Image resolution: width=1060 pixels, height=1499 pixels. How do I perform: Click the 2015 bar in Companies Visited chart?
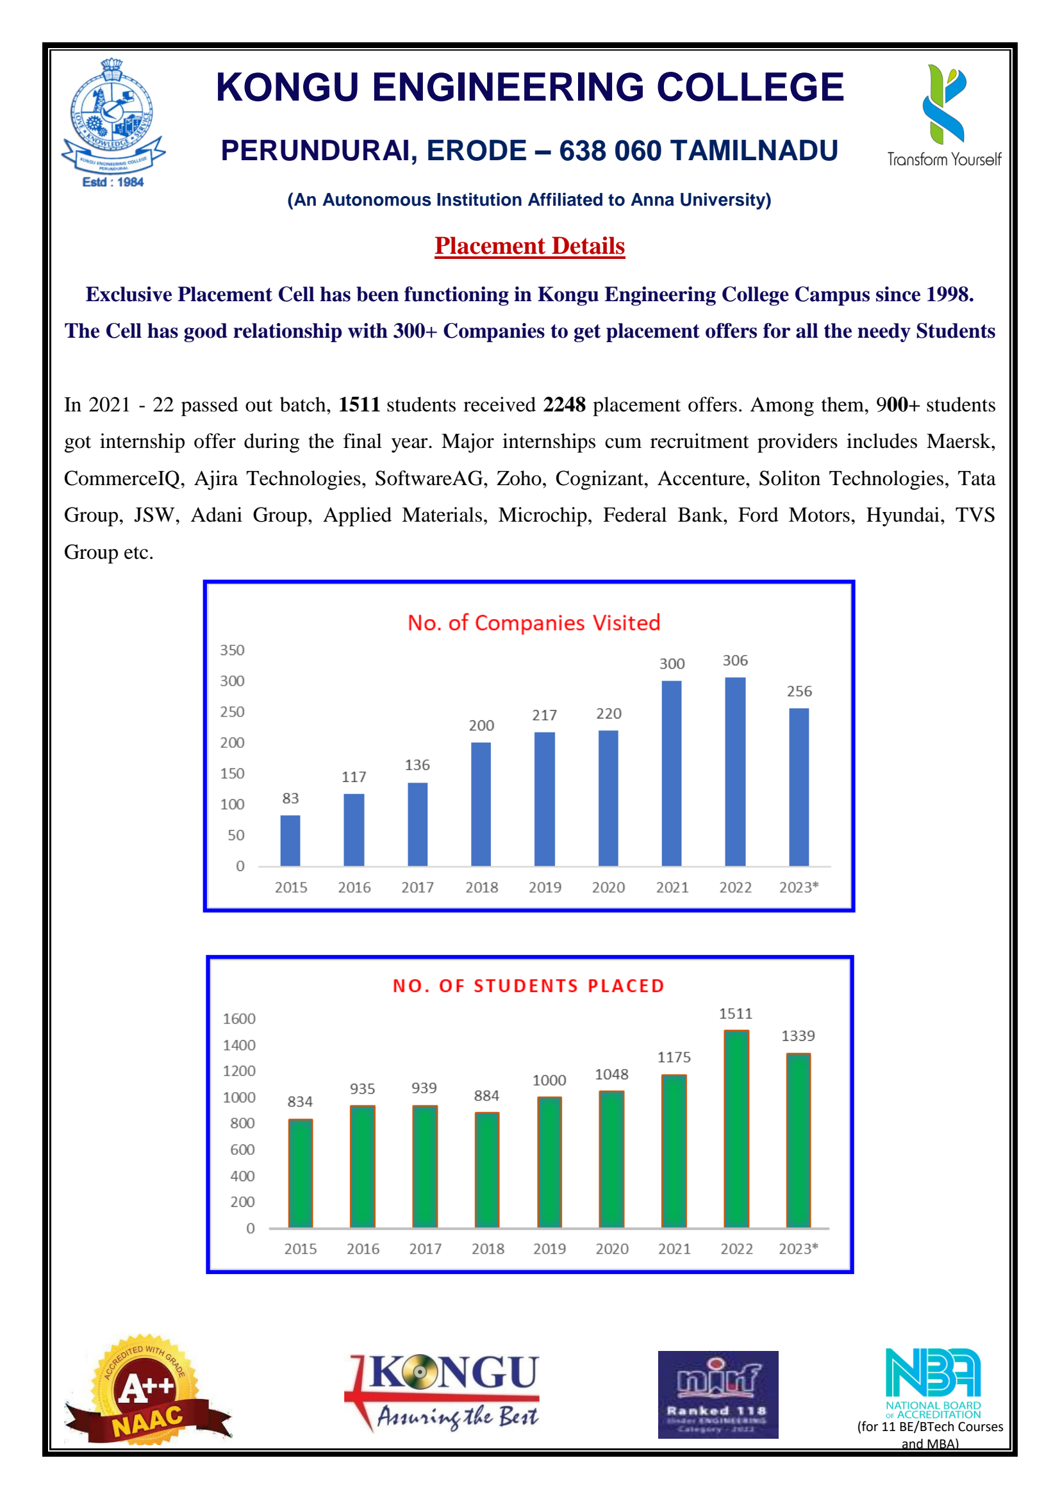[x=290, y=840]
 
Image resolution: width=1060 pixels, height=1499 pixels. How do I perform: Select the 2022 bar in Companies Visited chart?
[x=735, y=772]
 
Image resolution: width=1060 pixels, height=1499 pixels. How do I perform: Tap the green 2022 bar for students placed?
[x=736, y=1129]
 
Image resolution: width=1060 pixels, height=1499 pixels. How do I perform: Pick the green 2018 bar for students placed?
[x=487, y=1170]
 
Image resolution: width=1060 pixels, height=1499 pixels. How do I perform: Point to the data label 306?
[x=735, y=661]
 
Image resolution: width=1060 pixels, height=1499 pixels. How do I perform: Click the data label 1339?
[x=798, y=1036]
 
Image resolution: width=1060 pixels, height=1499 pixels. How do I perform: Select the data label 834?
[x=300, y=1102]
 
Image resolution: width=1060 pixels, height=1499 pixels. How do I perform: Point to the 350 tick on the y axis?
[x=232, y=650]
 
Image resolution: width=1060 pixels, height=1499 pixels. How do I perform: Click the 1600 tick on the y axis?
[x=239, y=1019]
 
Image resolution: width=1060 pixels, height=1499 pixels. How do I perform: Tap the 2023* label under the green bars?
[x=798, y=1249]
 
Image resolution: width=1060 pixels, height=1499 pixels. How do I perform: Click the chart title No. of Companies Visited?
[x=534, y=623]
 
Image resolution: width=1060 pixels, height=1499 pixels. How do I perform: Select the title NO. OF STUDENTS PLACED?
[x=529, y=986]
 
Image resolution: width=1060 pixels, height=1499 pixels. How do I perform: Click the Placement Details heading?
[x=529, y=246]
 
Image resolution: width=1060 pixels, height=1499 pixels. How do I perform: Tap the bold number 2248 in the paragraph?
[x=565, y=405]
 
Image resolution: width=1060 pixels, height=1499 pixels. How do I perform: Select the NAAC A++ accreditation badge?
[x=146, y=1391]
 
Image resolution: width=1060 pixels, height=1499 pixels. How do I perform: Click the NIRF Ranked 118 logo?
[x=717, y=1395]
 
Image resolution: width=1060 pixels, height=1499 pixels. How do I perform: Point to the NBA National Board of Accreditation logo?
[x=932, y=1382]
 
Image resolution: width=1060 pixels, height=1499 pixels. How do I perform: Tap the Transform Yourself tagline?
[x=944, y=160]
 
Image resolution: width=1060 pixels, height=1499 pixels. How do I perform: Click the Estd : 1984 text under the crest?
[x=113, y=182]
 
